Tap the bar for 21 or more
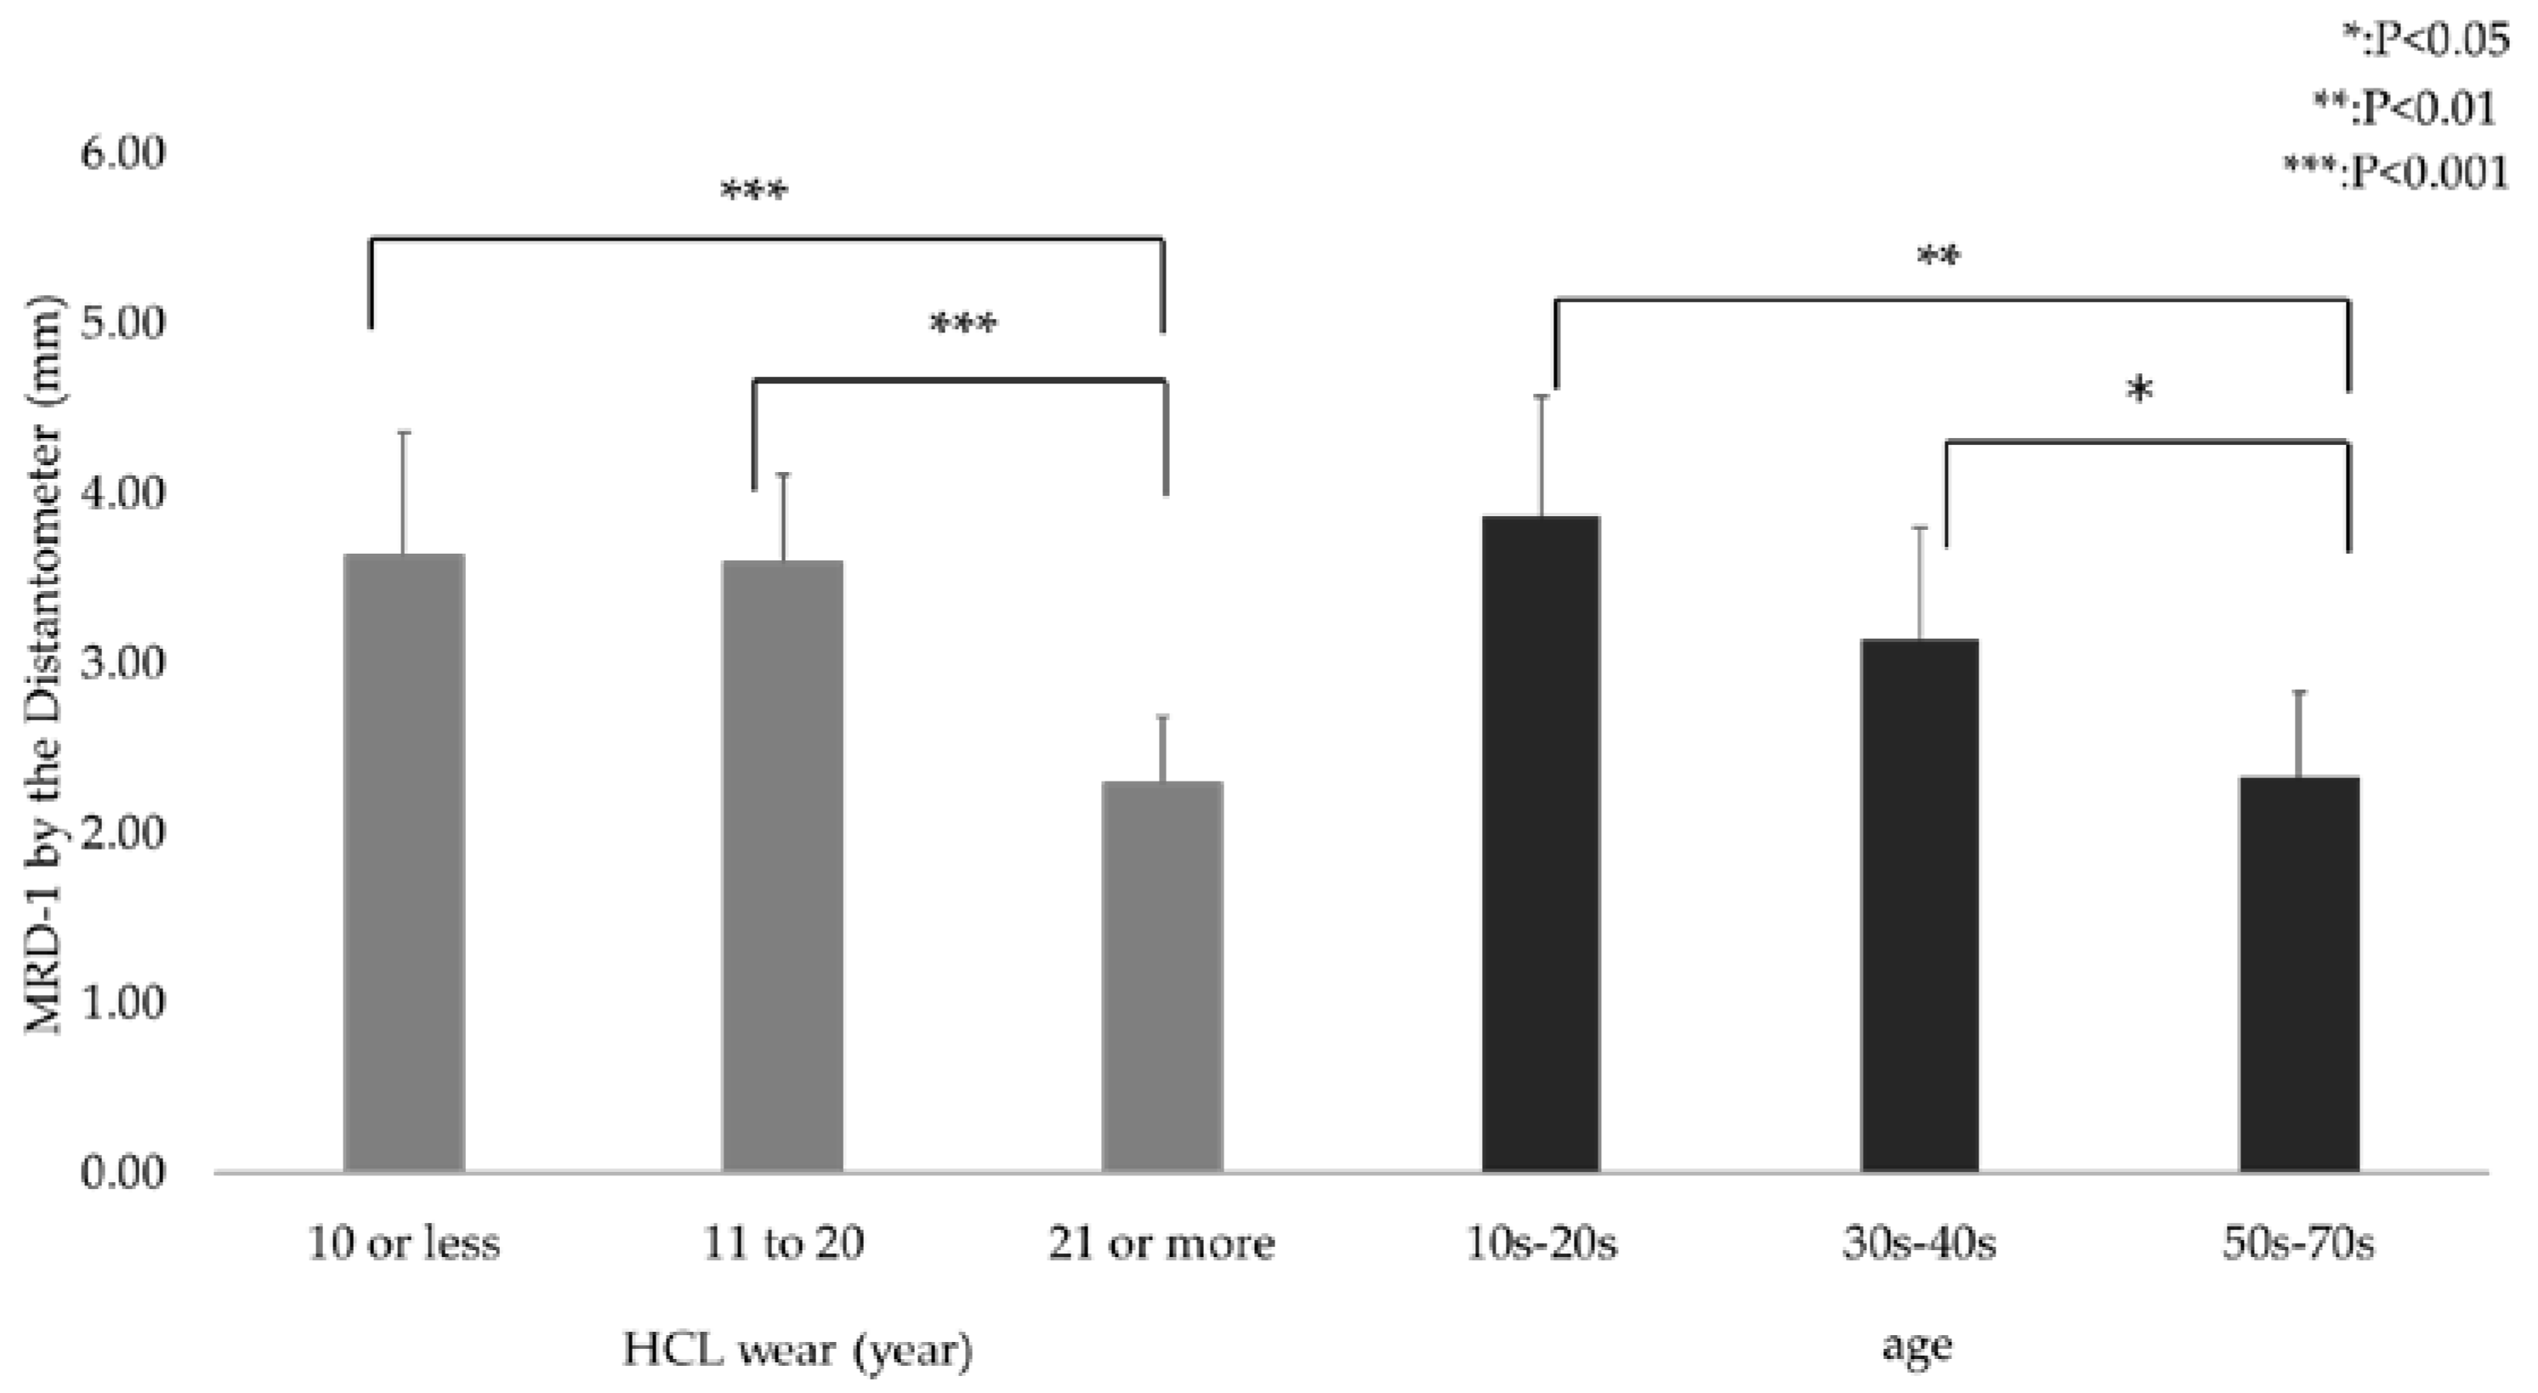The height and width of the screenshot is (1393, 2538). [x=1162, y=975]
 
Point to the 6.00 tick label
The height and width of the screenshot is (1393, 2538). [x=123, y=154]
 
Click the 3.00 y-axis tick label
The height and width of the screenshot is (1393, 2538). [x=123, y=663]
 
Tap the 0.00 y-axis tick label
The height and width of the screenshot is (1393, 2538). [x=123, y=1174]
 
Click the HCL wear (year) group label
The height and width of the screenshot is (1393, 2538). [x=798, y=1349]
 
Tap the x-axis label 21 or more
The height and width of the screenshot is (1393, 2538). [x=1161, y=1244]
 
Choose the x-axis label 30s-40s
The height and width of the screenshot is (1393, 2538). [x=1919, y=1244]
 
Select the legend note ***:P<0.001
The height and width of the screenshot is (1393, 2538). [x=2396, y=173]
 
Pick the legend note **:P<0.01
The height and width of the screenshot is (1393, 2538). [x=2404, y=107]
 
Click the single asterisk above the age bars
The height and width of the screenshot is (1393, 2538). [x=2140, y=391]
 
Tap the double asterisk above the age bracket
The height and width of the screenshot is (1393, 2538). [x=1938, y=259]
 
